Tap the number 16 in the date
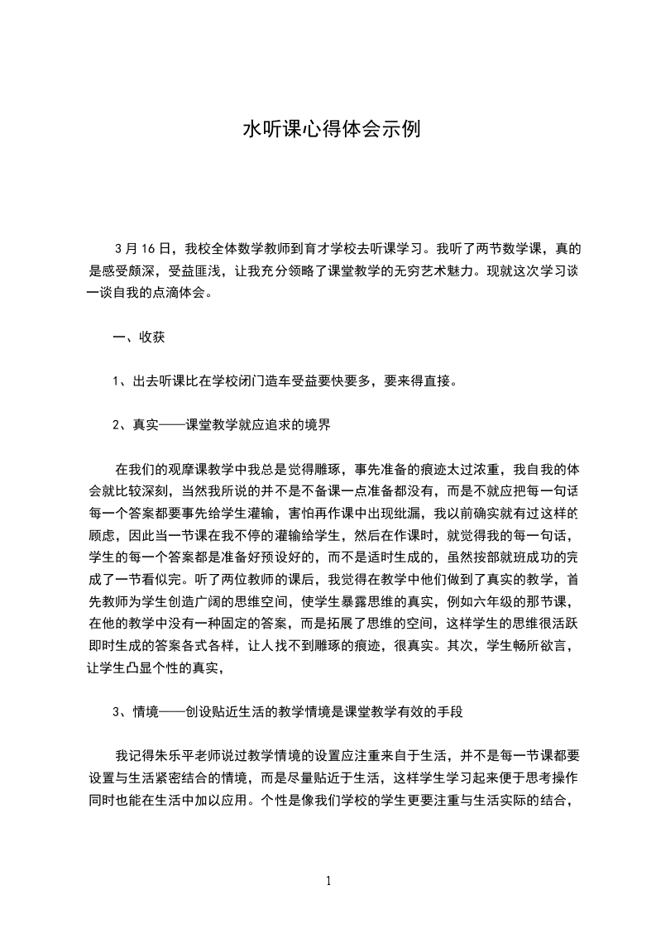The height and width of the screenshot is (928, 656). (x=149, y=247)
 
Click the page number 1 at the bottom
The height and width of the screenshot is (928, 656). (x=328, y=881)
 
